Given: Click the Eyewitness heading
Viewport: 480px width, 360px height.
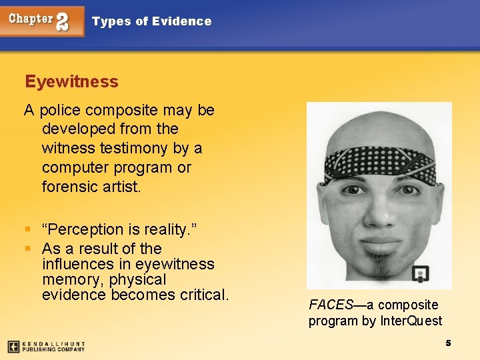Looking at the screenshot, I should pos(71,82).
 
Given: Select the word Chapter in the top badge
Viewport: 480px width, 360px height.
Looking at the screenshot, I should pos(31,19).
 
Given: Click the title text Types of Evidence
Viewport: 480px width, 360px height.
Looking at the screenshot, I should pos(151,21).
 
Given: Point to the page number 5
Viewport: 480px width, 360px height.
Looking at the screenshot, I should pos(448,343).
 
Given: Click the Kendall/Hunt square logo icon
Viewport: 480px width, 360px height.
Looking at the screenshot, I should pos(13,346).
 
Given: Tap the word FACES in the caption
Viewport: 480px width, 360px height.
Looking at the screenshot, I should pos(330,305).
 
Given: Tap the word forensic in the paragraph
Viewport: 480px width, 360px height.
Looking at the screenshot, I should pos(71,186).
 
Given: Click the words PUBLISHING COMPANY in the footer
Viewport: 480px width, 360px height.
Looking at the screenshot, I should pos(53,349).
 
